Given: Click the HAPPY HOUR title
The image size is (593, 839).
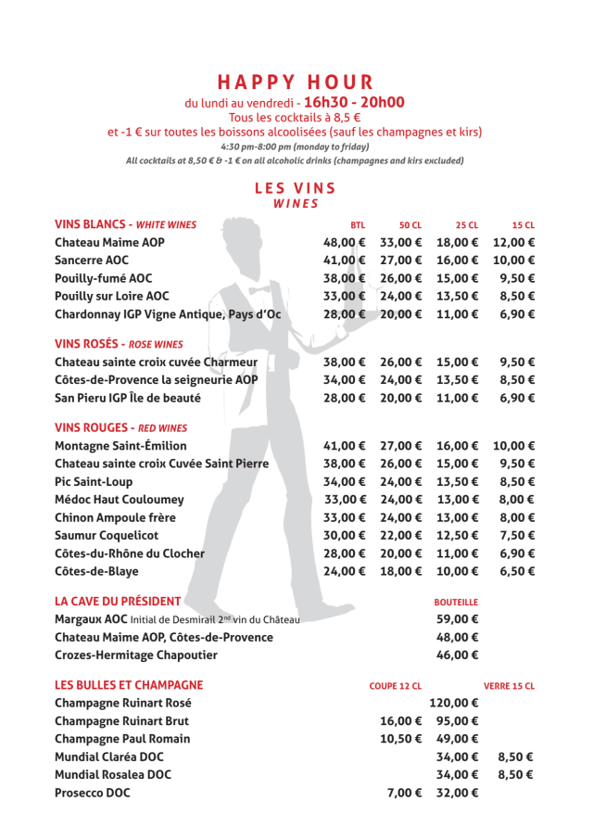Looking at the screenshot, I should [296, 83].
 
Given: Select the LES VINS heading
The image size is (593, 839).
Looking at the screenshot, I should [296, 188].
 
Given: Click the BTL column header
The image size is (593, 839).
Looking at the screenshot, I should [358, 225].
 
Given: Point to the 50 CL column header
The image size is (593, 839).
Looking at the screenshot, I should [410, 225].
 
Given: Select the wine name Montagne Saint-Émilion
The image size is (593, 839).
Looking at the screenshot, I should [120, 446].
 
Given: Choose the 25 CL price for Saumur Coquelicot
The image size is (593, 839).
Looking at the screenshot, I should [458, 535].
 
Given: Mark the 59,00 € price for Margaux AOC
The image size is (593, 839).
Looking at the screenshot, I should [458, 619].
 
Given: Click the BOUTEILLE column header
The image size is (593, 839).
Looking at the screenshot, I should [456, 603].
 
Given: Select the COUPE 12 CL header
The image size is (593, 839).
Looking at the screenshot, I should [396, 686].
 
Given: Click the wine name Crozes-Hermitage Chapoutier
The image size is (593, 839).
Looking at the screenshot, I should [136, 655].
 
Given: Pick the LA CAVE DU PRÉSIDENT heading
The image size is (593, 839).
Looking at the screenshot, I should [117, 601].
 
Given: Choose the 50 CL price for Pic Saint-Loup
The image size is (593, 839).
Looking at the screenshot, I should [401, 481].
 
